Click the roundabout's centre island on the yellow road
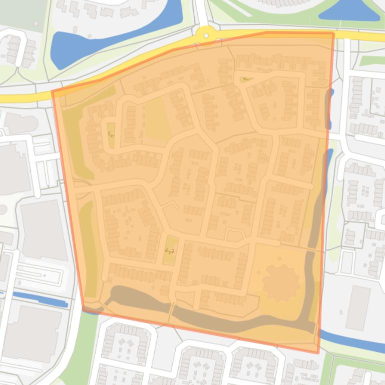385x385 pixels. (205, 34)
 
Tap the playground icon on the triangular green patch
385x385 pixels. (245, 79)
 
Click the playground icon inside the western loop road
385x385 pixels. (111, 134)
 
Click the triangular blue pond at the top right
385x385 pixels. (350, 11)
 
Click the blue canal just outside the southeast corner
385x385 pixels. (350, 340)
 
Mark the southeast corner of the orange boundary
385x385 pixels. (318, 352)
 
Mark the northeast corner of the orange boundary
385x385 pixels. (333, 33)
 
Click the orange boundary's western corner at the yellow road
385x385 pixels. (53, 92)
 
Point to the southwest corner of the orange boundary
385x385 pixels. (83, 310)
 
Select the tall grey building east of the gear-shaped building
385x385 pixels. (358, 307)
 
